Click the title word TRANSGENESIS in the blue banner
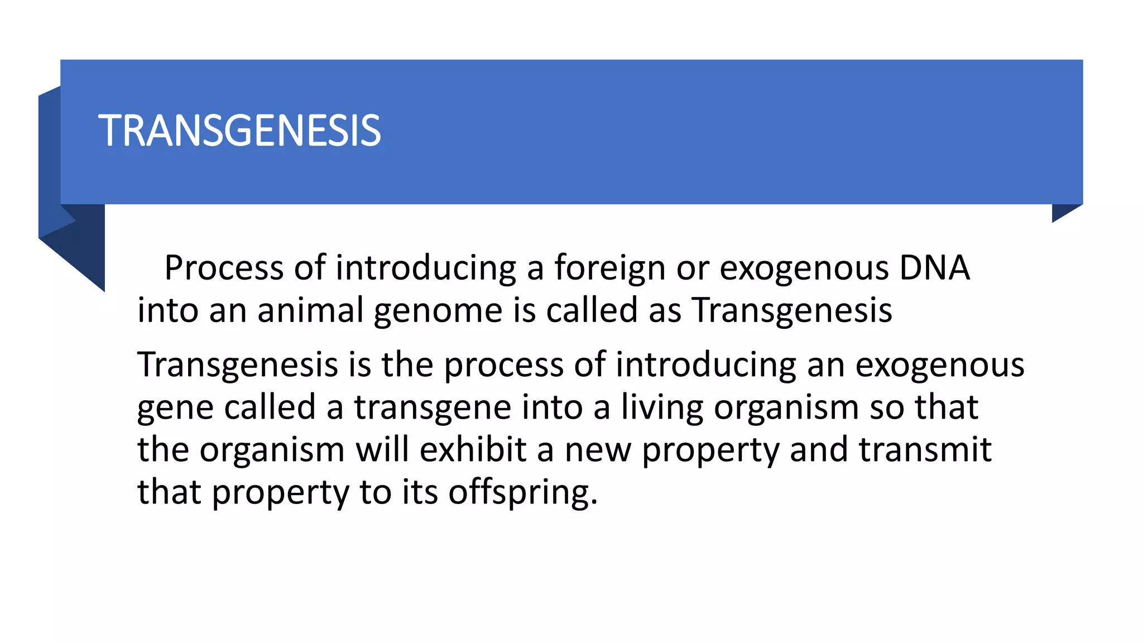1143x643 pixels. point(240,131)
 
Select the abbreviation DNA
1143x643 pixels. point(934,268)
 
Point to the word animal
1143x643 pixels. point(310,310)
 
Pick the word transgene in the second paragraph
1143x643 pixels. point(432,407)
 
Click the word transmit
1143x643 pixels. point(925,449)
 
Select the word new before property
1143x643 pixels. point(598,450)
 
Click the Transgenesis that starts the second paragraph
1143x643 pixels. point(238,365)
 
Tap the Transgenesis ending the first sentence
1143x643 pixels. point(792,310)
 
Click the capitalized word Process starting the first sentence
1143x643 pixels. point(224,268)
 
